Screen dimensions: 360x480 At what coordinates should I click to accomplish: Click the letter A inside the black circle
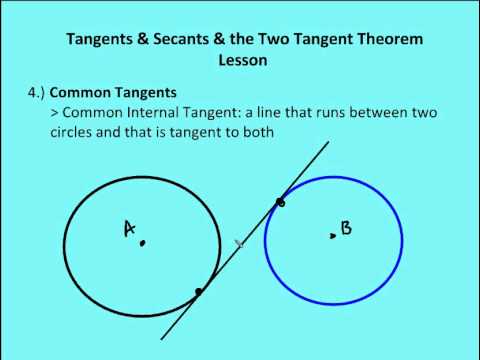129,229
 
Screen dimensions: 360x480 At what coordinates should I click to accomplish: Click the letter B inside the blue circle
346,228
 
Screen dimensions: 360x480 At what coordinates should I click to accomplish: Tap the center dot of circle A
143,241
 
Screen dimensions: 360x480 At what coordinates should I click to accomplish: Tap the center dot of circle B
332,236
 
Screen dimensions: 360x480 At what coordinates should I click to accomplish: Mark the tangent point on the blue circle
280,203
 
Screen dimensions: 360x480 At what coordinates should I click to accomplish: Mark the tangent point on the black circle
199,291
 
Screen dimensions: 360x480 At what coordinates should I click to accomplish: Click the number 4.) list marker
36,93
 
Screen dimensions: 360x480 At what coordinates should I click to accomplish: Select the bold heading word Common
78,93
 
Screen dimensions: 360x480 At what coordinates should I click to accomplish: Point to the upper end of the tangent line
328,143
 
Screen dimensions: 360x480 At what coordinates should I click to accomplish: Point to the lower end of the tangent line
161,338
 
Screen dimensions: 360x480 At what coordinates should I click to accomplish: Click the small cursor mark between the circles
239,243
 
